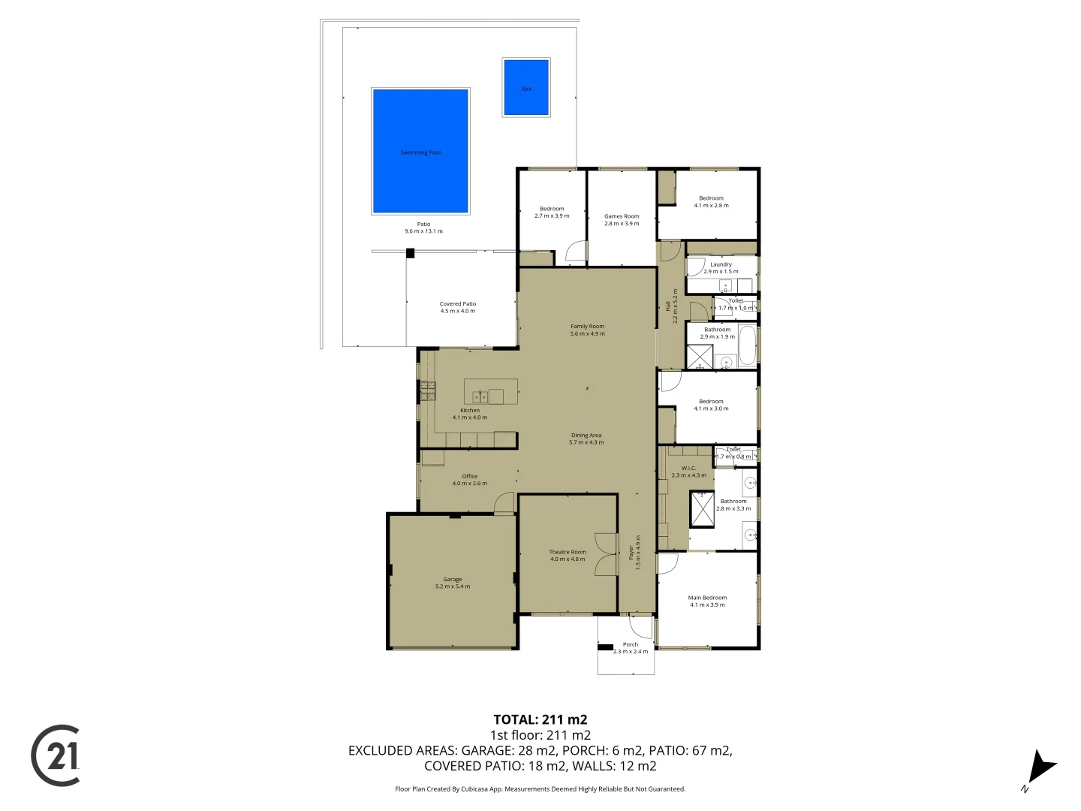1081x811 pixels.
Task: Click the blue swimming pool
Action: [x=420, y=151]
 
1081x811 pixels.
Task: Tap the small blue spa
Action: [x=526, y=88]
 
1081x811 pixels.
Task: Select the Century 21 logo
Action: [x=56, y=755]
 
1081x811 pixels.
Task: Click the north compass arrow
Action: [x=1040, y=768]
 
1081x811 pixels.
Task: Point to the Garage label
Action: [x=453, y=580]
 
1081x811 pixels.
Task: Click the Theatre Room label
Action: [x=568, y=552]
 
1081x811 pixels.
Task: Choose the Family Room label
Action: [x=587, y=327]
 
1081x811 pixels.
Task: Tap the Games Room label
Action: [x=622, y=216]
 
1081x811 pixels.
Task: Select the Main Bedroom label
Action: [x=707, y=598]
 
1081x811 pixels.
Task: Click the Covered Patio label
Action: [x=458, y=304]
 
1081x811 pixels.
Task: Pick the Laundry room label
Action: [x=721, y=264]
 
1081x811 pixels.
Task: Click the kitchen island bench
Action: [x=491, y=392]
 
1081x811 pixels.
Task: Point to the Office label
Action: [x=470, y=476]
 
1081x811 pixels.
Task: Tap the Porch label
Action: [x=631, y=644]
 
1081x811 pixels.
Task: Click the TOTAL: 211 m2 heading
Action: [x=540, y=719]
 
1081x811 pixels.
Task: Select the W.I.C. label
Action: [x=688, y=468]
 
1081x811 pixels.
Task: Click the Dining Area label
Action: [x=586, y=436]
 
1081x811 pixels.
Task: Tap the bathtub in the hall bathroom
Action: [x=748, y=345]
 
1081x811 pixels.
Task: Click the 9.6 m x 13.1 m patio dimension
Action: [x=424, y=231]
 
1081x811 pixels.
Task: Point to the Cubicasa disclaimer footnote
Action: [x=540, y=789]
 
